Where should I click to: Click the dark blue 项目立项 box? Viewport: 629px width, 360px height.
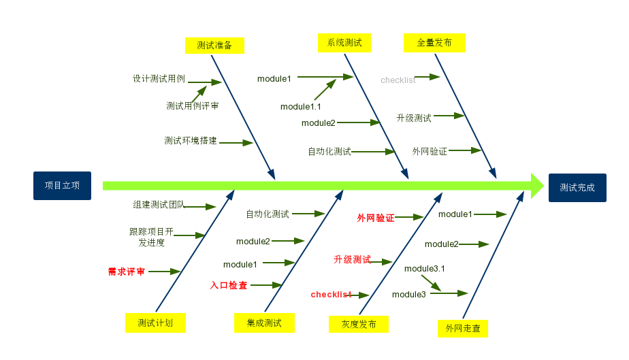[x=62, y=186]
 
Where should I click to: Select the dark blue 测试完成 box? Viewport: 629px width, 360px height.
[x=577, y=187]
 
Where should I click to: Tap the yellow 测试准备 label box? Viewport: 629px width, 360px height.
[x=214, y=46]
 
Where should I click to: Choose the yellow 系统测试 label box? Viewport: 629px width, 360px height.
[x=344, y=43]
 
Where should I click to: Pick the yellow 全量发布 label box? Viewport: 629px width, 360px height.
[x=434, y=43]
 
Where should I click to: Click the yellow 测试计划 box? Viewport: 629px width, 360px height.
[x=155, y=323]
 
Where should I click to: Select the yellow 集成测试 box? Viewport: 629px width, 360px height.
[x=263, y=323]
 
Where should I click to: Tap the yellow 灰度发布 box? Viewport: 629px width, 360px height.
[x=359, y=324]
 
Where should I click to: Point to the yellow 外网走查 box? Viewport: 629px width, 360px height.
[x=463, y=329]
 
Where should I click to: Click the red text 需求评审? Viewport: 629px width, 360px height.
[x=127, y=272]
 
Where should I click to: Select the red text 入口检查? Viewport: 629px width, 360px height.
[x=229, y=286]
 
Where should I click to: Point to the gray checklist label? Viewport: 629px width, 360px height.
[x=398, y=80]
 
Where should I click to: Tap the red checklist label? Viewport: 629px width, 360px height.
[x=331, y=295]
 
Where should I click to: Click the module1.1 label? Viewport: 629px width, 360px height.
[x=301, y=107]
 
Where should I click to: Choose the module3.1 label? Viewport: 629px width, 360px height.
[x=425, y=269]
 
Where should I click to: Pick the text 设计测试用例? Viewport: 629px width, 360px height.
[x=159, y=79]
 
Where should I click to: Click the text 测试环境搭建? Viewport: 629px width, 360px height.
[x=191, y=141]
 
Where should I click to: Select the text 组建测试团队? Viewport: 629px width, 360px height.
[x=159, y=204]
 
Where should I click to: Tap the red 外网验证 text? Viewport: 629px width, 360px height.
[x=376, y=218]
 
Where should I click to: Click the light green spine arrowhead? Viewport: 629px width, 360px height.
[x=537, y=186]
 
